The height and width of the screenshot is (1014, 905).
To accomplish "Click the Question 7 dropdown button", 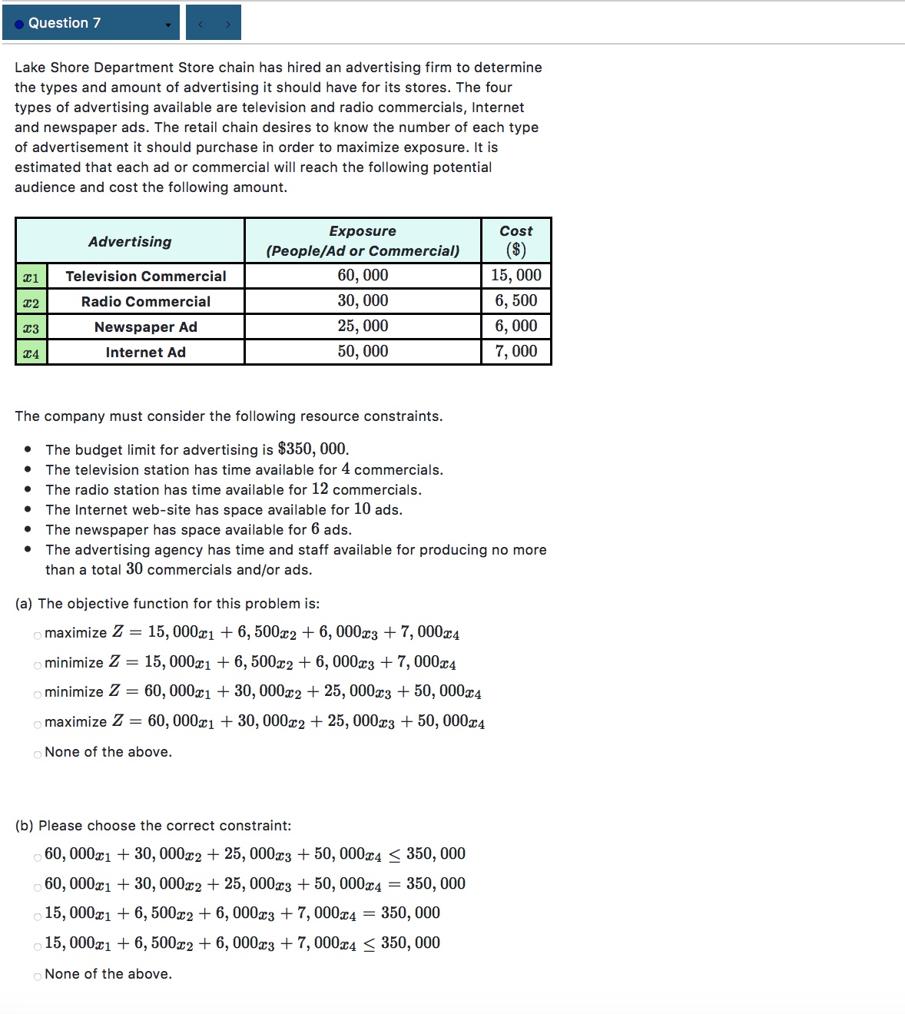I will [x=91, y=23].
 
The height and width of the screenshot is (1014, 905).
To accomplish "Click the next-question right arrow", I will [x=227, y=24].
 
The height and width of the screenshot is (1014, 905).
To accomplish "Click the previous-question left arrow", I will [x=201, y=24].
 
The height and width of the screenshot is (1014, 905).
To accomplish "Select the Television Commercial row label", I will [x=145, y=277].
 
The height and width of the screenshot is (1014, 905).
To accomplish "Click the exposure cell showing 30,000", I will [x=363, y=301].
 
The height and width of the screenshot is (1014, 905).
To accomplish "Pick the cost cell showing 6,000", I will [x=515, y=326].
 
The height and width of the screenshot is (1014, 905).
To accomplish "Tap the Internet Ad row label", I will [x=145, y=353].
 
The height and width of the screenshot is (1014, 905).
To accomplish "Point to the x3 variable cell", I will [x=31, y=328].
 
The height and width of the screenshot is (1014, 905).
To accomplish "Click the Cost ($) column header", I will [x=515, y=240].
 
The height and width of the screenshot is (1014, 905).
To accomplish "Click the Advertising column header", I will [x=130, y=242].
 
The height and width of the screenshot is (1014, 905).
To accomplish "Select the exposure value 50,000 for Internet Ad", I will [x=363, y=352].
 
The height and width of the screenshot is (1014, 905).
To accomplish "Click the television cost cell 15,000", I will [x=515, y=276].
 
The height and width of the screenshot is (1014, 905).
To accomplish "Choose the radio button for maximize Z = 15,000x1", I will [x=38, y=635].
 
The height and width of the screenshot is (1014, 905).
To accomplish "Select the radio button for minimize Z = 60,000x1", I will [x=38, y=694].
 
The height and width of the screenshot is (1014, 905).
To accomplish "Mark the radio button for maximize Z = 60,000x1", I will [x=38, y=724].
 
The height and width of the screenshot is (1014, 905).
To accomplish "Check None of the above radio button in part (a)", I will [x=38, y=754].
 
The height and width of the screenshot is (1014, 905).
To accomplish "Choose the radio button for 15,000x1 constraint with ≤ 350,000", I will [x=38, y=946].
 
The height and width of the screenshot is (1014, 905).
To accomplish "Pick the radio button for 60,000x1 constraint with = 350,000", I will [x=38, y=887].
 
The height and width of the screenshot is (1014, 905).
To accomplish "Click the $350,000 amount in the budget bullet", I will [x=312, y=449].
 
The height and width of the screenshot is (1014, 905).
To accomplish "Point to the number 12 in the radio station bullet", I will [x=320, y=489].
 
